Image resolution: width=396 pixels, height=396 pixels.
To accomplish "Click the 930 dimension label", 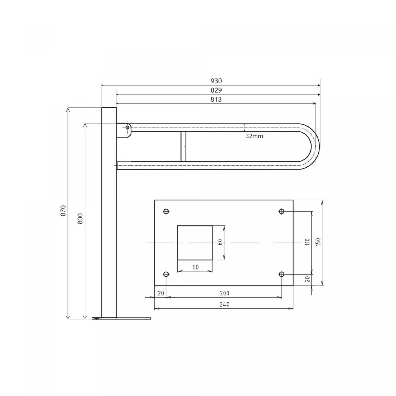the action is coord(216,81).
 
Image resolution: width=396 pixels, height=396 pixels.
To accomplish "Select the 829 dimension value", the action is coord(216,90).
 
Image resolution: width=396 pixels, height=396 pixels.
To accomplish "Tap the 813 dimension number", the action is coord(216,100).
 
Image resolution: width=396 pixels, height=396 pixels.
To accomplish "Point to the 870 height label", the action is coord(63,211).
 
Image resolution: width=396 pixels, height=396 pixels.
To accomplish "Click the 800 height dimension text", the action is coord(80,219).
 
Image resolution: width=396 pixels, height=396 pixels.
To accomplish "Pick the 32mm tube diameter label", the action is coord(254,136).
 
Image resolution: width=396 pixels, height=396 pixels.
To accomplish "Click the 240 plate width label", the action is coord(224,304).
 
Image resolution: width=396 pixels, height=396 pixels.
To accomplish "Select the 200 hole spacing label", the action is coord(224,293).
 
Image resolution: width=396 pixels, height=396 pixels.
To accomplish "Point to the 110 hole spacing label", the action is coord(307,242).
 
